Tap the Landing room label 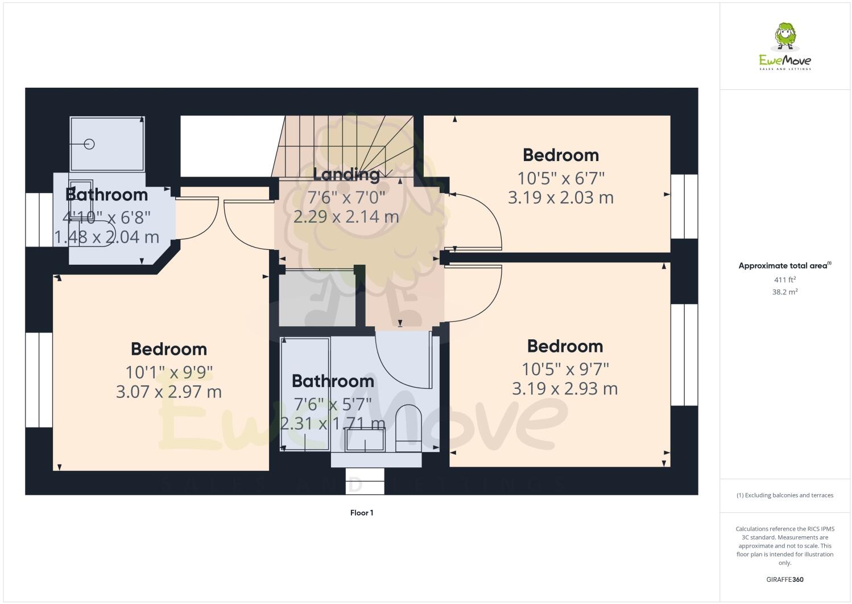click(x=346, y=174)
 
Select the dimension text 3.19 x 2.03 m click(x=560, y=198)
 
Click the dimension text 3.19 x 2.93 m click(x=565, y=388)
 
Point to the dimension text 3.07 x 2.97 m click(x=169, y=392)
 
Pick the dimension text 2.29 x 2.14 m click(x=346, y=217)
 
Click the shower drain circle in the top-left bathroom click(x=89, y=144)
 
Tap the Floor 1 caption click(x=362, y=513)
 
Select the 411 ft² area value click(x=784, y=280)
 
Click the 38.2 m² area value click(x=784, y=292)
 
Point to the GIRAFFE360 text click(x=784, y=580)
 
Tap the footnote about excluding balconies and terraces click(x=784, y=495)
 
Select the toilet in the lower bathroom click(x=408, y=427)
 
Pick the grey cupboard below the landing click(x=317, y=299)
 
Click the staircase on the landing click(x=347, y=145)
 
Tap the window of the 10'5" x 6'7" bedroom click(x=684, y=206)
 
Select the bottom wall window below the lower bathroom click(x=365, y=481)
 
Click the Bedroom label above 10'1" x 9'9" click(x=169, y=349)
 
